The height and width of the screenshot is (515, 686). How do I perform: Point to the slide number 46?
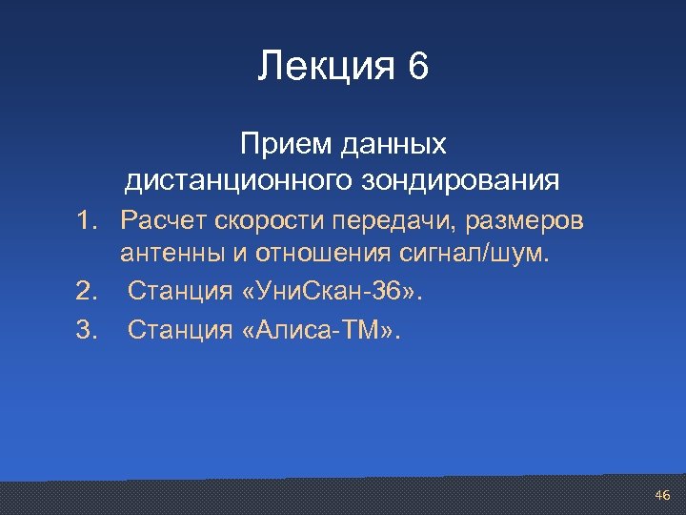(662, 495)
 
